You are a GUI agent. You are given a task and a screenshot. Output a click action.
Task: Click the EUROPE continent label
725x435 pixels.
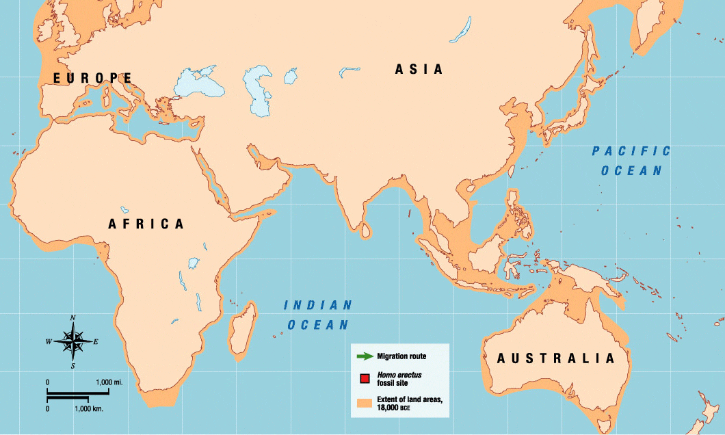93,78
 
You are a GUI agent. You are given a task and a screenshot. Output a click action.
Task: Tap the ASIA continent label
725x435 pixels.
419,69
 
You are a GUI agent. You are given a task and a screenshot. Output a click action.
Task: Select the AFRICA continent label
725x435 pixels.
146,224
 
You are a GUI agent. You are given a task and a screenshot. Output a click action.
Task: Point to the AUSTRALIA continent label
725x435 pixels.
555,358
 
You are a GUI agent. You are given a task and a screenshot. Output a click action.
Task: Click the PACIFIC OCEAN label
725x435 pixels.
631,161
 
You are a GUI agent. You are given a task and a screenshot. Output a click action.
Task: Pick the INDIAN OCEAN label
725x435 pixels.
317,315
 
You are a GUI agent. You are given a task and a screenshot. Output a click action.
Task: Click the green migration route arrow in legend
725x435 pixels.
365,356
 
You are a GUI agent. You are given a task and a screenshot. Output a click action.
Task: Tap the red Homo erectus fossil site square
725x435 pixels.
365,378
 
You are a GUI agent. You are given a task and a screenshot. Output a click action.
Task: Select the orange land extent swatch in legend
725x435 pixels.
365,403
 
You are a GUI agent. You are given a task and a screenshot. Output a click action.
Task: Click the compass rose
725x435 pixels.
72,341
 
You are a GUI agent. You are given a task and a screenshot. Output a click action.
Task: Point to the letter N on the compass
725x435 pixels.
72,317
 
